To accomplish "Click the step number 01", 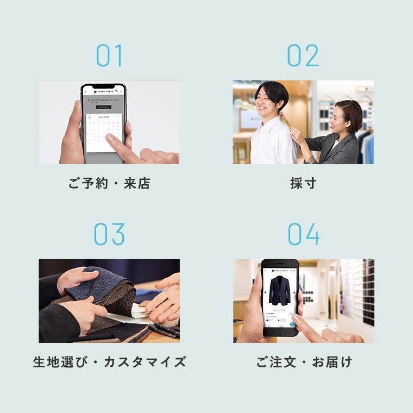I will tap(109, 56).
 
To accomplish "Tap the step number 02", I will tap(303, 56).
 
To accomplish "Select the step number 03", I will tap(109, 234).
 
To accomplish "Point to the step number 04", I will tap(303, 234).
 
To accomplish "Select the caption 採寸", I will tap(303, 184).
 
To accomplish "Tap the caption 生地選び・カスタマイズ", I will tap(109, 362).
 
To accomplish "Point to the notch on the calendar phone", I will tap(103, 86).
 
